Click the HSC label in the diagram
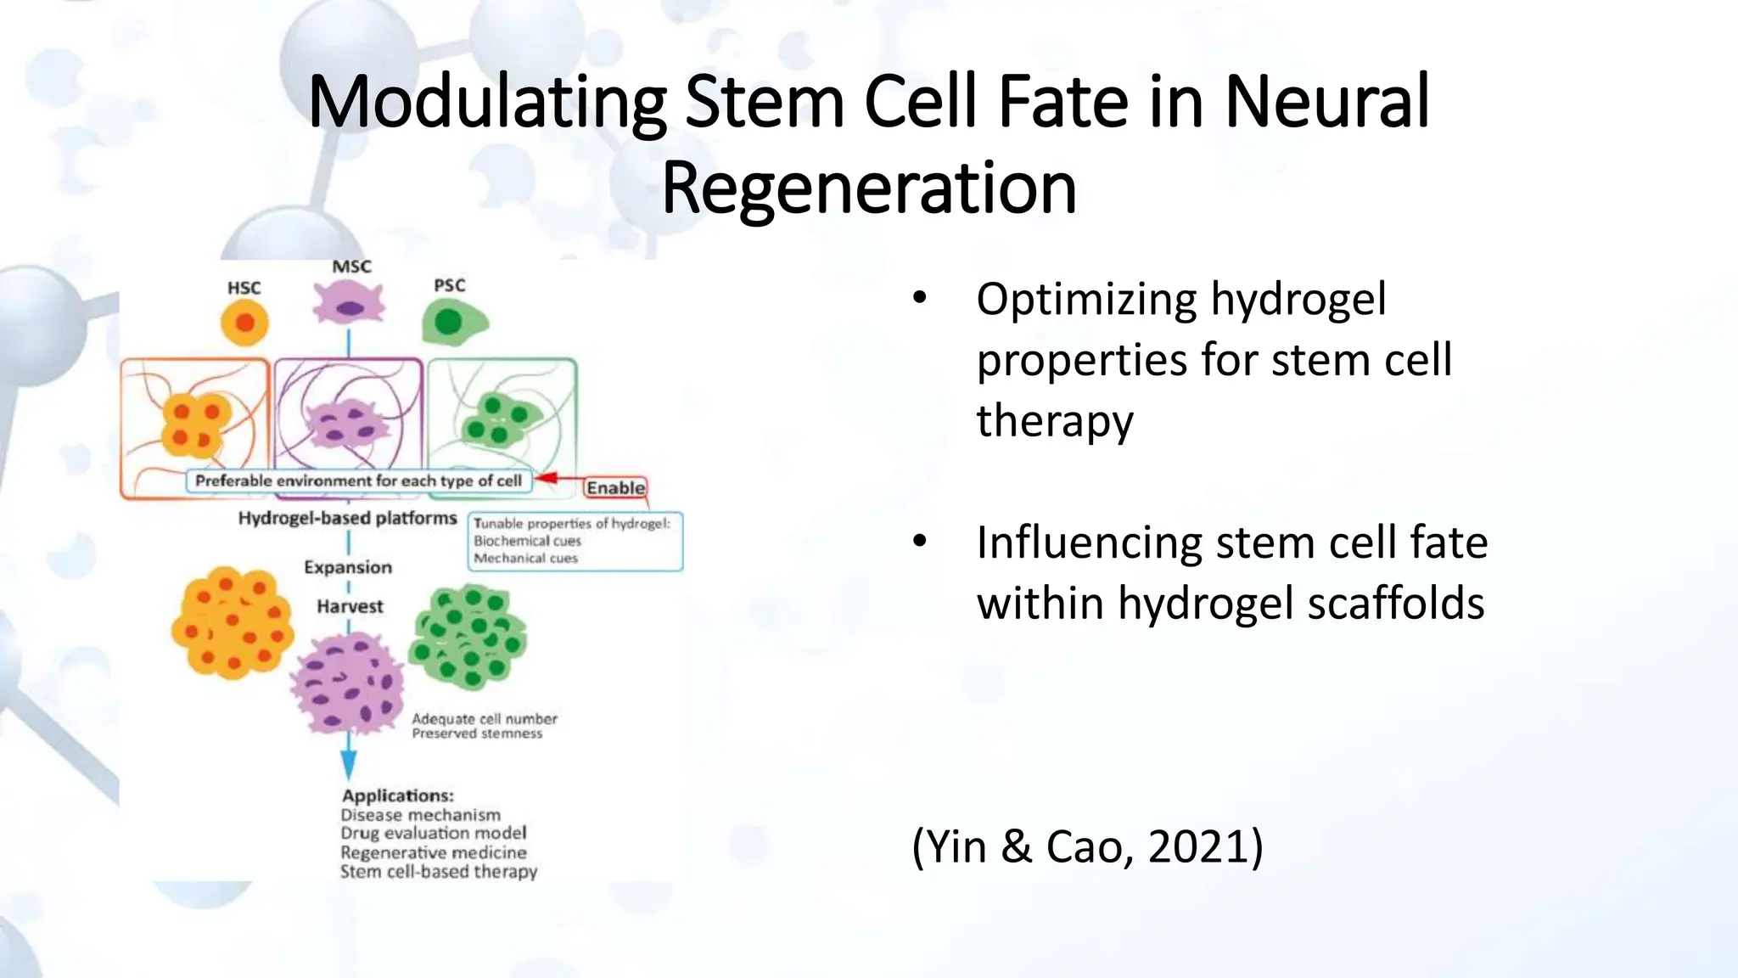point(244,288)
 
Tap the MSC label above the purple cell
point(351,267)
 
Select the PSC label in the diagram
point(450,285)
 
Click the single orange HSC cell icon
point(244,323)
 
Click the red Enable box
point(615,487)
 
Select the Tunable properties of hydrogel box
point(575,541)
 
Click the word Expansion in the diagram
point(348,567)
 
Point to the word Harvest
point(350,606)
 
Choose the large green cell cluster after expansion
point(468,637)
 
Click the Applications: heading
point(397,795)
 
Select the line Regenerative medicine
point(433,852)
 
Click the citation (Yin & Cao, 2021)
point(1087,846)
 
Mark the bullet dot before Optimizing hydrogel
point(920,299)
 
